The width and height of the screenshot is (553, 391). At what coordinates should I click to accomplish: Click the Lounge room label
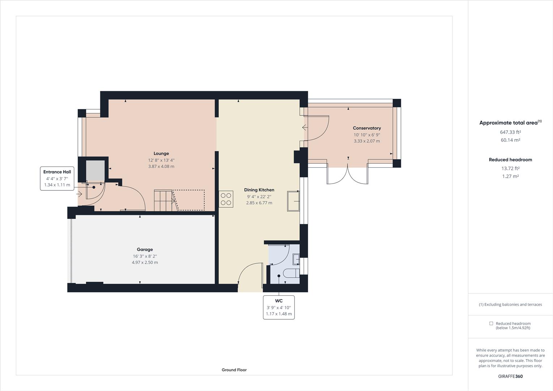[x=161, y=154]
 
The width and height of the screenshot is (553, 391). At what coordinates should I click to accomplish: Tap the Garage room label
[x=145, y=249]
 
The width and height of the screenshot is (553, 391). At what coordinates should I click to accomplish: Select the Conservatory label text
[x=367, y=128]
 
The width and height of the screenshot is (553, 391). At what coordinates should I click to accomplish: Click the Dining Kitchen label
[x=259, y=190]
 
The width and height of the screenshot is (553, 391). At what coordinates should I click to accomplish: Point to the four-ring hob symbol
[x=226, y=199]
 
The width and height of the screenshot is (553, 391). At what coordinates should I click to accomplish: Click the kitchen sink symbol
[x=294, y=201]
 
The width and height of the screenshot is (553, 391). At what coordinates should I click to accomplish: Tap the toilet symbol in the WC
[x=291, y=273]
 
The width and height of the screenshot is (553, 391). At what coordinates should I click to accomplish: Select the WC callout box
[x=279, y=307]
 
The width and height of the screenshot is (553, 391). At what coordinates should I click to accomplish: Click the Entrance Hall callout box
[x=57, y=178]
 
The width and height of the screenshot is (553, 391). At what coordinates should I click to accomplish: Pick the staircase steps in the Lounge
[x=163, y=200]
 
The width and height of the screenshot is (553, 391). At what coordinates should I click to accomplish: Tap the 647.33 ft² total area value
[x=510, y=132]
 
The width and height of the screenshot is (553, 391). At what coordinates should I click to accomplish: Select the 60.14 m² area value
[x=510, y=140]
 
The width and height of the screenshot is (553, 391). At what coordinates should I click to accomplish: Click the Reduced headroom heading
[x=510, y=160]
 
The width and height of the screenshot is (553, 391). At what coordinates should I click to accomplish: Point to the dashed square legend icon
[x=491, y=323]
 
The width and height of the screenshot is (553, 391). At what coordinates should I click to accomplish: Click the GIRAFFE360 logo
[x=510, y=376]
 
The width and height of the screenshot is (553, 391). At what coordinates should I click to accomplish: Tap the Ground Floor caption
[x=234, y=370]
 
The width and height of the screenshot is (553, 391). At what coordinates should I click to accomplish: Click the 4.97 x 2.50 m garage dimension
[x=145, y=262]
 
